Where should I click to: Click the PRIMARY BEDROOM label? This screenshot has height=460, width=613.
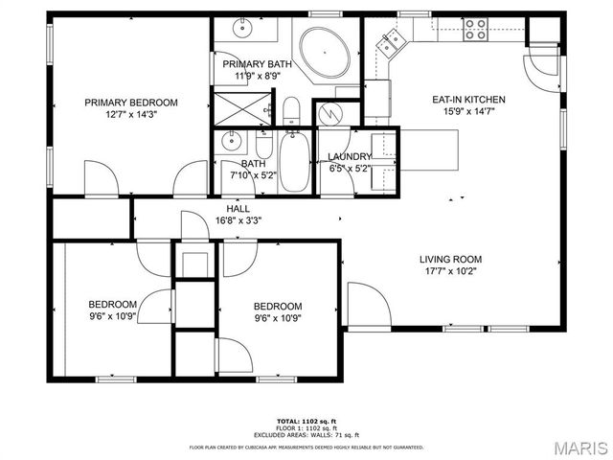point(131,103)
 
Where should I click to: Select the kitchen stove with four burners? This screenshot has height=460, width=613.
point(476,32)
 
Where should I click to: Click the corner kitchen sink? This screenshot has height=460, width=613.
point(392,39)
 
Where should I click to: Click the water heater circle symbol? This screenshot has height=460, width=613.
point(330,113)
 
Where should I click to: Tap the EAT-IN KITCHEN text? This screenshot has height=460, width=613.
point(469,100)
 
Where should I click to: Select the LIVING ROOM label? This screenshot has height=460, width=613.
point(450,259)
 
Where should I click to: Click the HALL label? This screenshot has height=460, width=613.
point(238,208)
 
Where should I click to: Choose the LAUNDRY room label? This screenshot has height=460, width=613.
point(349,157)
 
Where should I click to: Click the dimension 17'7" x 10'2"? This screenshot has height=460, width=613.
point(450,271)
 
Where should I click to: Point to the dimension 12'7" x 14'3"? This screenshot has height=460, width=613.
point(131,115)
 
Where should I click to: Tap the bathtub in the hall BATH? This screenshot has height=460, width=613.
point(294,164)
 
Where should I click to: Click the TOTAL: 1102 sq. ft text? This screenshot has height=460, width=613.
point(306,421)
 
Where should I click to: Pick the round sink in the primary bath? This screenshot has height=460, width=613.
point(243,26)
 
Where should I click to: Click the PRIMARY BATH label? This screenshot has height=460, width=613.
point(252,63)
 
